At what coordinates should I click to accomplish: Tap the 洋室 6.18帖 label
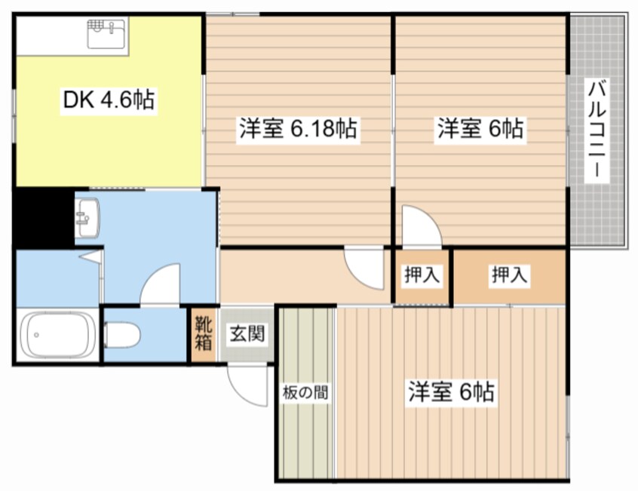297,129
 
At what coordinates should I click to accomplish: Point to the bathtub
57,335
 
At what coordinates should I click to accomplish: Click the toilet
122,334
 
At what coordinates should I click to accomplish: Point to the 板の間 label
305,392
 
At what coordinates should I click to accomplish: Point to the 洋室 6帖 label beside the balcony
480,129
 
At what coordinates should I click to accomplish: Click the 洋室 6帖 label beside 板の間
451,392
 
